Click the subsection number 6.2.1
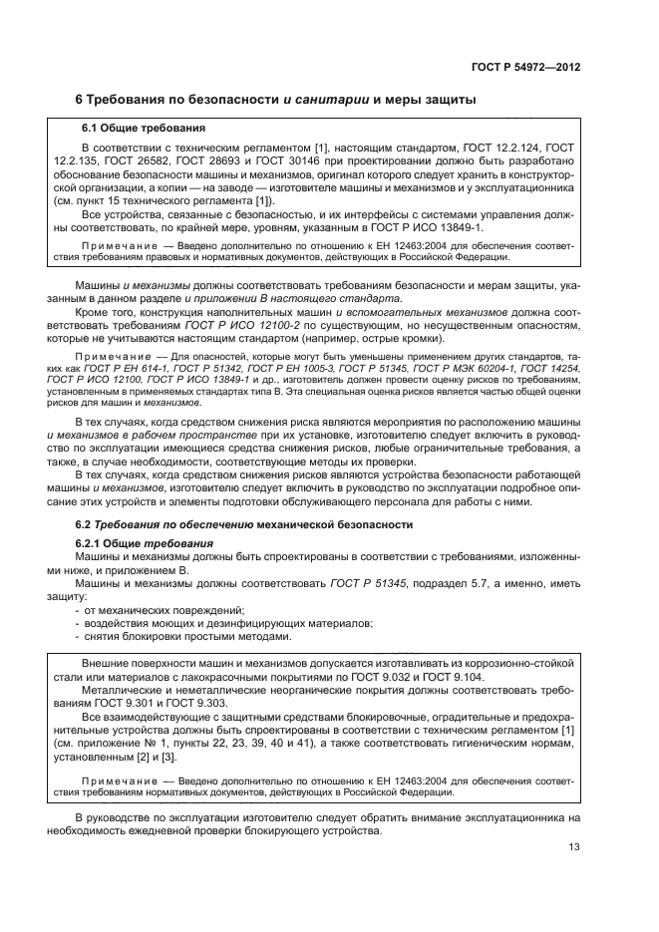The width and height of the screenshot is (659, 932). tap(96, 543)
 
